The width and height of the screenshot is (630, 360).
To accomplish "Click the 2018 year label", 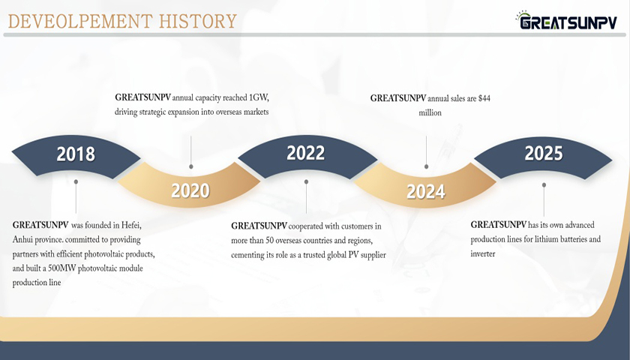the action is (x=76, y=154).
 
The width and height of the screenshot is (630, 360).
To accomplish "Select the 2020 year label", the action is (x=190, y=190).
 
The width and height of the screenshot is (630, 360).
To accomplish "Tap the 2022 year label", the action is (x=306, y=153).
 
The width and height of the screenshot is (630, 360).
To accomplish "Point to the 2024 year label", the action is (x=426, y=192).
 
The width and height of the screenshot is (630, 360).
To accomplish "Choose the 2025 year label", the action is (x=544, y=154).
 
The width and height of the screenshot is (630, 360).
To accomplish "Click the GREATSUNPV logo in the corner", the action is (x=566, y=20).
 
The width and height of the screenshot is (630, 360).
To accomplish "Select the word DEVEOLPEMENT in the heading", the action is (x=80, y=21).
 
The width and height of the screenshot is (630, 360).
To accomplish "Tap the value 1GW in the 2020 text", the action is (x=259, y=97).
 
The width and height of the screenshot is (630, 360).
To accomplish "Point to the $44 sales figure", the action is (x=484, y=98).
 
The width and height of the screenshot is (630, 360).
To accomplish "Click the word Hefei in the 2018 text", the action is (x=131, y=226).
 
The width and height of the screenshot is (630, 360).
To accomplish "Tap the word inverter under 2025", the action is (x=483, y=254).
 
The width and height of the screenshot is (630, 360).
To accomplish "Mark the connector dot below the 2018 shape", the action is (x=76, y=181).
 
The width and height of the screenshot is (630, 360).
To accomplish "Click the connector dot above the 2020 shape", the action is (x=190, y=166).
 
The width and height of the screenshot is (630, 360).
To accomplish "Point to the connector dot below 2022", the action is (x=306, y=181).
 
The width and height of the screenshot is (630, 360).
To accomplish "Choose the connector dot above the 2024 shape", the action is (x=426, y=166).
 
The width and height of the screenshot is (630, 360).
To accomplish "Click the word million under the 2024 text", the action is (x=430, y=113).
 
